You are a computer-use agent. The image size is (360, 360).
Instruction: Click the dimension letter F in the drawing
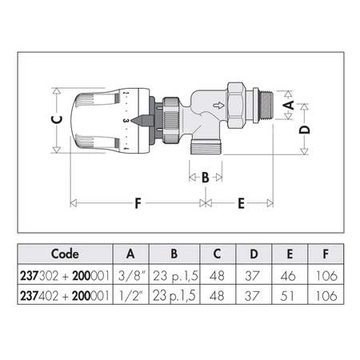pos(137,203)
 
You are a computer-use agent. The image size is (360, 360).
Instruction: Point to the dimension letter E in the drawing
pos(241,203)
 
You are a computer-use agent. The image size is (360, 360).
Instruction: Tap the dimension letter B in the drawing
pos(204,177)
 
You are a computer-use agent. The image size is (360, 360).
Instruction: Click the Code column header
pos(65,254)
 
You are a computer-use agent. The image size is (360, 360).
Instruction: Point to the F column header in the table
pos(324,254)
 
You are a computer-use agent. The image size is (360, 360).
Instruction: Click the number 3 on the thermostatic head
pos(126,120)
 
